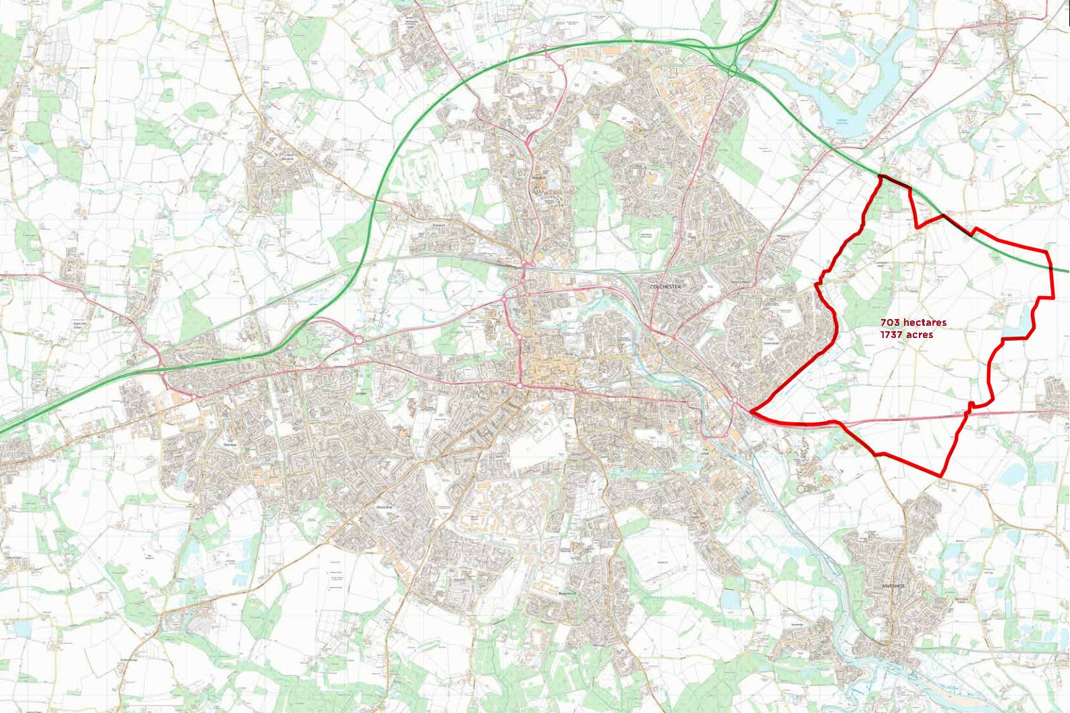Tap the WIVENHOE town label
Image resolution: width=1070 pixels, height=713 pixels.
[x=891, y=586]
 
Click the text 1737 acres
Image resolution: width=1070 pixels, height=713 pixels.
[x=907, y=335]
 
